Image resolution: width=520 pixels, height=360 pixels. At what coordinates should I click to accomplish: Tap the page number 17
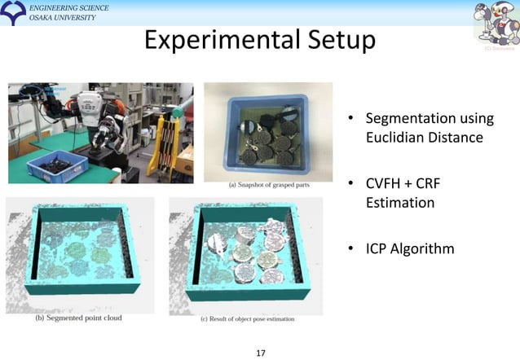261,353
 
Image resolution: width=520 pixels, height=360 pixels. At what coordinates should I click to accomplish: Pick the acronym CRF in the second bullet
441,183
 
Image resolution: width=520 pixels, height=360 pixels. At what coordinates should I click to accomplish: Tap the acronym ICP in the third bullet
379,248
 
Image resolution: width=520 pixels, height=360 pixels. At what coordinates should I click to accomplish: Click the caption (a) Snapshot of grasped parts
269,185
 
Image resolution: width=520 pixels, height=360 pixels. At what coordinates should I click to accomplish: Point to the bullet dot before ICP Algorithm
351,248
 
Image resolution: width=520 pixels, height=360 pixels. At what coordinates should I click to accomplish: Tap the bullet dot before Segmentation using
351,121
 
